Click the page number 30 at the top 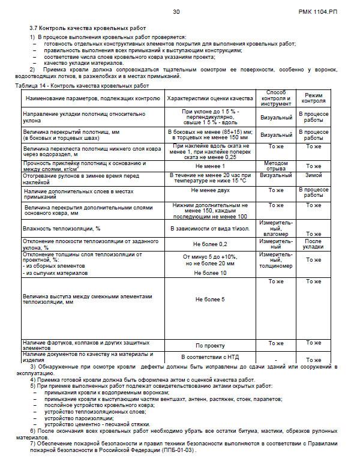(176, 12)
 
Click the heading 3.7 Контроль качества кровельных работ (88, 28)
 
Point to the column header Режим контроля (314, 98)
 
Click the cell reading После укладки (314, 244)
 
